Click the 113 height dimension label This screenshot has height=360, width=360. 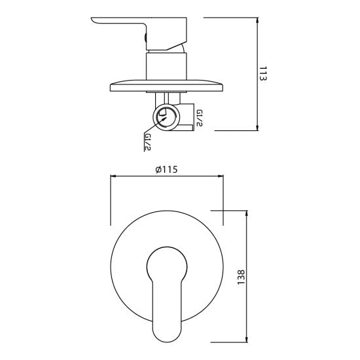[263, 73]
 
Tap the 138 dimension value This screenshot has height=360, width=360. [241, 277]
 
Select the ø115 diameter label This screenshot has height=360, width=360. [166, 170]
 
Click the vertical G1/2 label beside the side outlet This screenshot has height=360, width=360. [199, 118]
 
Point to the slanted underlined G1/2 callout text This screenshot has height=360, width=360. [147, 142]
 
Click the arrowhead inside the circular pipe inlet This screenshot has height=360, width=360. [164, 119]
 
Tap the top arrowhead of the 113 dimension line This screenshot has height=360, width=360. [257, 20]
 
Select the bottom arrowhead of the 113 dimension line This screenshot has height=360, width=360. [257, 128]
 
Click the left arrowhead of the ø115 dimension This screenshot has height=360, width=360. [114, 176]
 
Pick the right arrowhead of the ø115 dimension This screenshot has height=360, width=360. [220, 176]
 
